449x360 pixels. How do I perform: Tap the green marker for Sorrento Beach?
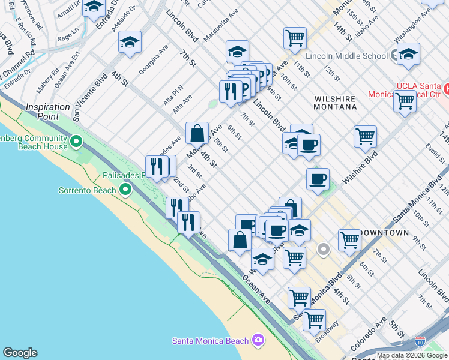125,190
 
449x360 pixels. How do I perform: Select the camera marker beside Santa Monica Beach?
258,340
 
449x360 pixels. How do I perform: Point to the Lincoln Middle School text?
346,56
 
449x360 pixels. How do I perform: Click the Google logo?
20,353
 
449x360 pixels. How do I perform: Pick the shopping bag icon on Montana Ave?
197,133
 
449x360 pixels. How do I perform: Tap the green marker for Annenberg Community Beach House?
76,142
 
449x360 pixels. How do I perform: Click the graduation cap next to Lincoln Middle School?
408,55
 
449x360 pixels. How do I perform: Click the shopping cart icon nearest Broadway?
314,320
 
